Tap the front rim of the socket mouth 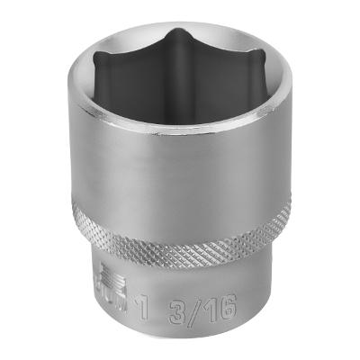[x=180, y=138]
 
